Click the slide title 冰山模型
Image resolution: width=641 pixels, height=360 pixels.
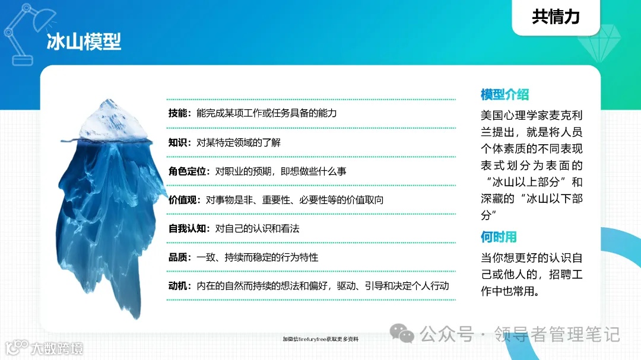coord(84,42)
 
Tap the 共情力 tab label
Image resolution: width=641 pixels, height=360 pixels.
coord(556,17)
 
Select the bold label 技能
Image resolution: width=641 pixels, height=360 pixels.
coord(178,113)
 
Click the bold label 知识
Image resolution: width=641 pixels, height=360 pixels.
coord(178,142)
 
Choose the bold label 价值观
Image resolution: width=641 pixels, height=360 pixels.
coord(183,200)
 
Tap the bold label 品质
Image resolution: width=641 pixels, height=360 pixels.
coord(178,257)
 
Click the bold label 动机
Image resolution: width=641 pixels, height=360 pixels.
coord(178,286)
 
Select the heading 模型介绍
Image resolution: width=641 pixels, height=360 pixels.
coord(504,94)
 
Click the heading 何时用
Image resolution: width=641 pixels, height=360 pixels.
coord(499,237)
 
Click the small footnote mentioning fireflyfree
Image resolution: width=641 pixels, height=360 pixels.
coord(320,339)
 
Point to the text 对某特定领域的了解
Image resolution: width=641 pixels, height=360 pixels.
coord(239,142)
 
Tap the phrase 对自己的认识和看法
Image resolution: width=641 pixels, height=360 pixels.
coord(257,228)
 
